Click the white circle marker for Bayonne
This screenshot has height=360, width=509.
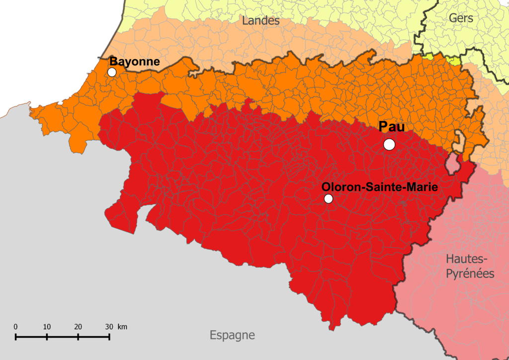(112, 72)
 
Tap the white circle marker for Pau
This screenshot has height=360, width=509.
(389, 144)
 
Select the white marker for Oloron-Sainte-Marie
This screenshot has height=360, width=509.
(328, 199)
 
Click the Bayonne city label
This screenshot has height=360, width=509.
(134, 62)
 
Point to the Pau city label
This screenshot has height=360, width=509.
(392, 127)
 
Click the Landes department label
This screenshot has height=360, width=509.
(261, 21)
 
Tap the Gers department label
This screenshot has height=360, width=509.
(461, 18)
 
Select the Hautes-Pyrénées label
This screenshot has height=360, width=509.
(470, 266)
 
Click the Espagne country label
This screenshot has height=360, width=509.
(232, 335)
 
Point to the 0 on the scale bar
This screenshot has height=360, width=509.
(16, 327)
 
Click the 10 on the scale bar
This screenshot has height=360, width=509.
(47, 327)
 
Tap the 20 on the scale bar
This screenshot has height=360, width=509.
(78, 327)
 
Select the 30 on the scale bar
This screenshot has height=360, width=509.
(109, 327)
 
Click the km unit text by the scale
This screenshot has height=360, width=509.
(122, 327)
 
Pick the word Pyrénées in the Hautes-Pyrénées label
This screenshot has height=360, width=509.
(470, 273)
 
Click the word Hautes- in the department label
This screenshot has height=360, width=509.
(468, 259)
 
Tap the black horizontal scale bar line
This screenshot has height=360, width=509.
(62, 337)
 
